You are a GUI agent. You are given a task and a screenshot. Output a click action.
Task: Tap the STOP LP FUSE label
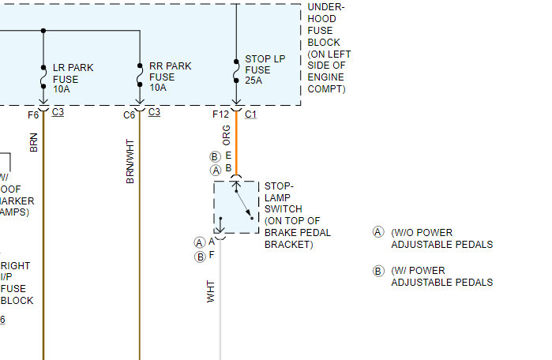(265, 69)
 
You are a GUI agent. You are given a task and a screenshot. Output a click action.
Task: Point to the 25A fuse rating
(253, 80)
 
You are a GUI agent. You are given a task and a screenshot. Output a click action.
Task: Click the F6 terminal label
(32, 114)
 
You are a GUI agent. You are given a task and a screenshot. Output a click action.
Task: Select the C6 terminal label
(129, 114)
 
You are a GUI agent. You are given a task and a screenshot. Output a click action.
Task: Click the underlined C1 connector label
(251, 114)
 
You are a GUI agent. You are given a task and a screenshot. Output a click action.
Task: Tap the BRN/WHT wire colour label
(130, 161)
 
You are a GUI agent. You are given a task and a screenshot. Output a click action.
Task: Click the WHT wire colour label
(211, 291)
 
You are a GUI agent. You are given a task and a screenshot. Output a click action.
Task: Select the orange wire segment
(235, 146)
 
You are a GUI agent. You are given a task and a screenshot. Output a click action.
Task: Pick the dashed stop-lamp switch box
(235, 208)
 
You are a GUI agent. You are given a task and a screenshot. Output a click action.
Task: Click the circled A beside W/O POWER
(378, 232)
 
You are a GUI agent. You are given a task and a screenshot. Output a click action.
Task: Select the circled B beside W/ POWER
(378, 271)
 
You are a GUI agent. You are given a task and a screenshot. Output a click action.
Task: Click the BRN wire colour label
(33, 141)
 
